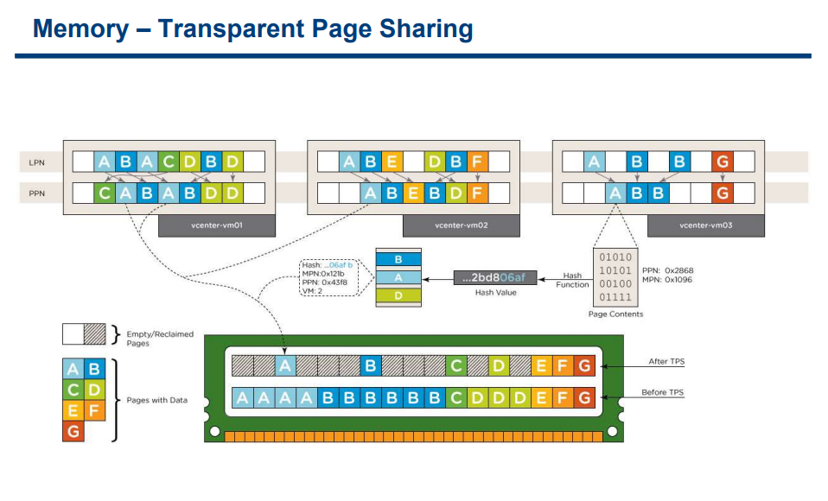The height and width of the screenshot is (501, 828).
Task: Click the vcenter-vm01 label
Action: (x=216, y=225)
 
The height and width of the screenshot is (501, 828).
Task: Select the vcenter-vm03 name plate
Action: (x=705, y=225)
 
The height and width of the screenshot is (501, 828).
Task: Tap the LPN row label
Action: (x=36, y=162)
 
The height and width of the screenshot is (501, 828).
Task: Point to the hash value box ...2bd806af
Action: (x=495, y=277)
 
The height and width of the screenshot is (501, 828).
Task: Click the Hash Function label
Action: (x=572, y=280)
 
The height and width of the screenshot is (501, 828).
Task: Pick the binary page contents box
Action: (x=615, y=277)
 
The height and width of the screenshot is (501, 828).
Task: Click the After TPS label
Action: (x=666, y=362)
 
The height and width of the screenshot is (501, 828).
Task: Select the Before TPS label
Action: (x=663, y=392)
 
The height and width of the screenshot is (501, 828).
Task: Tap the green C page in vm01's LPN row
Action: (x=169, y=162)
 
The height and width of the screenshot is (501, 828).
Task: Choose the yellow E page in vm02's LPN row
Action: (x=392, y=162)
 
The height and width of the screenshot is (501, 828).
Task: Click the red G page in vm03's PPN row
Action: (x=723, y=193)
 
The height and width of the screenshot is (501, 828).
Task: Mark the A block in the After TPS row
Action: (x=285, y=366)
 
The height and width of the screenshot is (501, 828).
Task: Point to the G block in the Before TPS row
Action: (x=584, y=397)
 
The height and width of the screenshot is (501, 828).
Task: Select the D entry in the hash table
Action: (x=398, y=295)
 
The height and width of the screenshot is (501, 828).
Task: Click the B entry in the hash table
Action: (x=398, y=259)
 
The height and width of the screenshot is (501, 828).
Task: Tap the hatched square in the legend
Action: (x=95, y=334)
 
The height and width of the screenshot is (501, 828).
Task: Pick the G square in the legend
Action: (x=73, y=431)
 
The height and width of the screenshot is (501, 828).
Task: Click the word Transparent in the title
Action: (x=232, y=29)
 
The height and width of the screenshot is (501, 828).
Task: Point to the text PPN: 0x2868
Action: (x=667, y=270)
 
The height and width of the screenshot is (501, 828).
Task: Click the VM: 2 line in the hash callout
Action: (x=312, y=291)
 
